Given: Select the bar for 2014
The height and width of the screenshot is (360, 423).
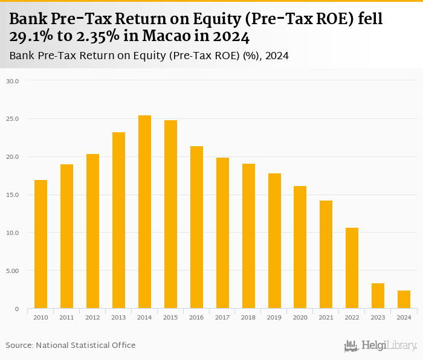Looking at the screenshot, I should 144,212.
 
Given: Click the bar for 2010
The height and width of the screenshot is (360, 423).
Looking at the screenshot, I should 40,244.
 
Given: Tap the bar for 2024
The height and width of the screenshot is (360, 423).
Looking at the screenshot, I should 404,300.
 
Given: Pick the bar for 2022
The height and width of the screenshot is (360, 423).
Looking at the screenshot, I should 352,268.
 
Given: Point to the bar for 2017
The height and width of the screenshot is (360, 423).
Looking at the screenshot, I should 222,233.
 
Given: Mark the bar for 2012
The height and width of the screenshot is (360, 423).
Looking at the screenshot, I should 92,231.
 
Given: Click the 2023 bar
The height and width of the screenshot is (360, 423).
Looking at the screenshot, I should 378,296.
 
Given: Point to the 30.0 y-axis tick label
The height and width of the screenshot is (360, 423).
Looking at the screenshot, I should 13,81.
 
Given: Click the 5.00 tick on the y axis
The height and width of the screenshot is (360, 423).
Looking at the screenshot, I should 13,271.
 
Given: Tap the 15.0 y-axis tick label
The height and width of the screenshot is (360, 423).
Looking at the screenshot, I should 13,194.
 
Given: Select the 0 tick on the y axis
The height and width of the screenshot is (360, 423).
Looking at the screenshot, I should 18,309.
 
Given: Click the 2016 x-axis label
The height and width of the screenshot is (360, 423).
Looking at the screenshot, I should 196,318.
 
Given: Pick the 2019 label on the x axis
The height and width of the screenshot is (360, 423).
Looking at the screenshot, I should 274,318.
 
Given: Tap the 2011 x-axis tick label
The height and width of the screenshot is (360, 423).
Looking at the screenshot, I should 66,318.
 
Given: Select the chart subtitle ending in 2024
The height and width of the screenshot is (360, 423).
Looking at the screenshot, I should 149,56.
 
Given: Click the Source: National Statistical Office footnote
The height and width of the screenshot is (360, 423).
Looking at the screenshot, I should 71,345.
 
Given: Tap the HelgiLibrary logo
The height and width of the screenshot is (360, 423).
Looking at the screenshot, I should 381,346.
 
